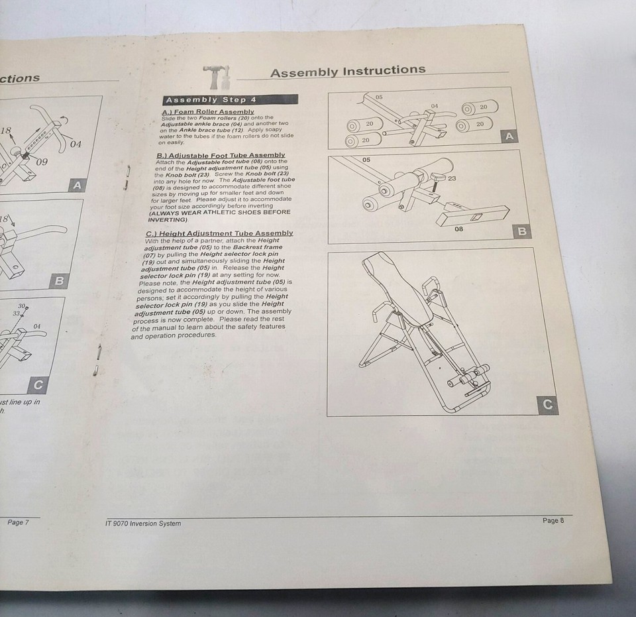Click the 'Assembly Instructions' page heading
pos(348,71)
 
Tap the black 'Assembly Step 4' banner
pos(229,99)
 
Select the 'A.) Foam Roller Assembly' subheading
pos(207,112)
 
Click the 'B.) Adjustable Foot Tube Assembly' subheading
pos(220,155)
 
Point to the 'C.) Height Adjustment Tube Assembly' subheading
pos(219,233)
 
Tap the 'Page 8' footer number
pos(553,521)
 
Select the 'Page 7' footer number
pos(18,522)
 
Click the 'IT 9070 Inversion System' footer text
pos(142,524)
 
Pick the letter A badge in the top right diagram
pos(509,137)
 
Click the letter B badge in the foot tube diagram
pos(522,231)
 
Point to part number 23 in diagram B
pos(451,178)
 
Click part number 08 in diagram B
pos(458,228)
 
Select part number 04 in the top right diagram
pos(434,106)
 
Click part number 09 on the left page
pos(41,162)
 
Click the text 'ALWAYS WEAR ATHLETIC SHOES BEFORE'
pos(219,212)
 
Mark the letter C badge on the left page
pos(38,385)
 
